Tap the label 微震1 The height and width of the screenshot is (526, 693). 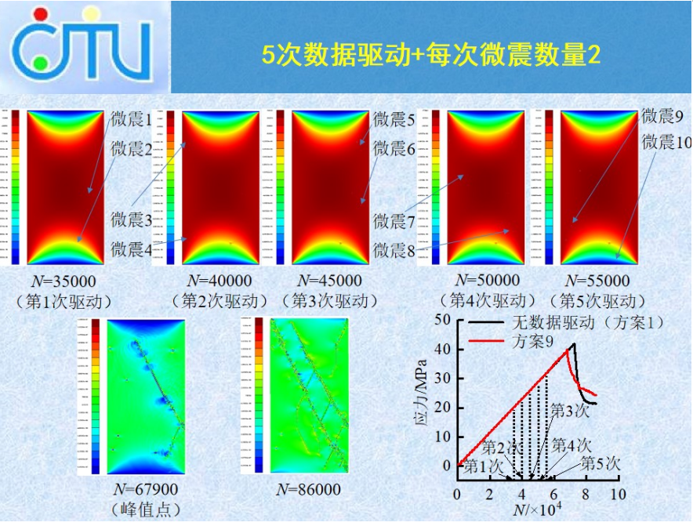[132, 120]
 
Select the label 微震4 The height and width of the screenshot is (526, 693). [132, 249]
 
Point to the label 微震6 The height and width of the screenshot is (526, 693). [394, 147]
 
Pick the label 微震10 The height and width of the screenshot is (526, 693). [666, 142]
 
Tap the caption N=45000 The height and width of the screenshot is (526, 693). [329, 281]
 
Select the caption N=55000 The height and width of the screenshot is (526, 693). [597, 281]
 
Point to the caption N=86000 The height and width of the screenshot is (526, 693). [309, 489]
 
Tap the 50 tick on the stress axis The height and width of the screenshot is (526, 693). [444, 321]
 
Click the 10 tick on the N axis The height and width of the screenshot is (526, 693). [618, 495]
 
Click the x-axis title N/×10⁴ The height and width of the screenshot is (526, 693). [541, 511]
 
